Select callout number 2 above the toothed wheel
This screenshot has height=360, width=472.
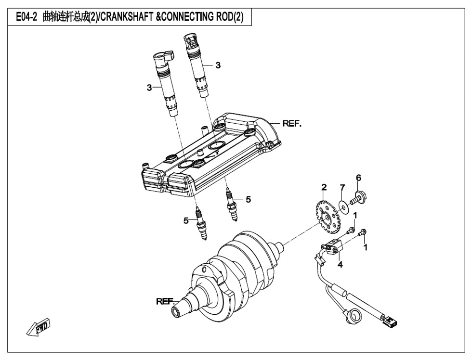pyautogui.click(x=324, y=187)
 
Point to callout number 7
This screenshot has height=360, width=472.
pyautogui.click(x=342, y=187)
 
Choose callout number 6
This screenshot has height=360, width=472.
pyautogui.click(x=358, y=178)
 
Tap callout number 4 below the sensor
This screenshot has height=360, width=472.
pyautogui.click(x=340, y=264)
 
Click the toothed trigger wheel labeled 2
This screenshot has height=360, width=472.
pyautogui.click(x=323, y=213)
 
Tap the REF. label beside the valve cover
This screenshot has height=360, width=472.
pyautogui.click(x=292, y=123)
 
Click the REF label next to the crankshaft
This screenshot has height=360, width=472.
pyautogui.click(x=164, y=301)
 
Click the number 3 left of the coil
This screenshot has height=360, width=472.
pyautogui.click(x=149, y=88)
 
